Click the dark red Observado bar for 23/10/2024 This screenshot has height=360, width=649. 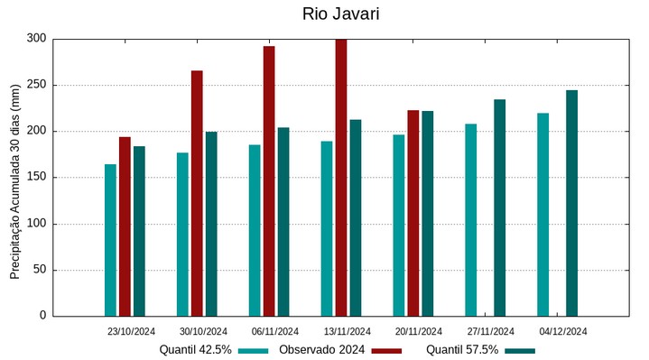click(125, 226)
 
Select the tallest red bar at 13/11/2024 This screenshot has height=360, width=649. click(341, 177)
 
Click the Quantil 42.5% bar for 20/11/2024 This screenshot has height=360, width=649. click(399, 225)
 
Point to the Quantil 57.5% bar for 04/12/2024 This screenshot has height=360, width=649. click(571, 203)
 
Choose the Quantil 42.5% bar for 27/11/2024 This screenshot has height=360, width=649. click(471, 219)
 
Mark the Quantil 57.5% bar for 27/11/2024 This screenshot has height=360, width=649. click(499, 208)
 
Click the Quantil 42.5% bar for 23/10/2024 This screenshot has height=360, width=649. click(110, 240)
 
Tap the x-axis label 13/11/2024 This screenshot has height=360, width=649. click(347, 331)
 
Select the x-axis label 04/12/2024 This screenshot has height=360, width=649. click(562, 331)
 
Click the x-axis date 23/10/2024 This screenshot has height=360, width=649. click(131, 331)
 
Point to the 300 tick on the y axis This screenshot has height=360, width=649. click(36, 39)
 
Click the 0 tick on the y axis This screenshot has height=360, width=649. click(42, 316)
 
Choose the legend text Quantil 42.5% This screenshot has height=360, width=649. click(196, 350)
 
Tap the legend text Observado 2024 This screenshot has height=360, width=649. click(321, 350)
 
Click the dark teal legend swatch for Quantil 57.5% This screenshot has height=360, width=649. click(520, 350)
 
